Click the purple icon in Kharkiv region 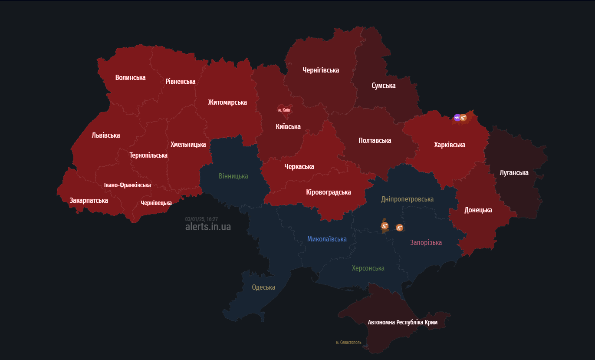point(457,117)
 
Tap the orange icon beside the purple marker point(464,117)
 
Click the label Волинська point(130,77)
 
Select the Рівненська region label point(180,81)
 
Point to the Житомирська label point(227,102)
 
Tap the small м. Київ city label point(284,110)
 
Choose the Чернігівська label point(321,70)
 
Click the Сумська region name point(383,86)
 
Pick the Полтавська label point(375,140)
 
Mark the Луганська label point(514,172)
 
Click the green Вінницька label point(233,176)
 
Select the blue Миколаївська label point(327,239)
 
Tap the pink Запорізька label point(426,242)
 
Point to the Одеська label point(263,287)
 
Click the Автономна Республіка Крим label point(402,322)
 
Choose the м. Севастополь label point(348,342)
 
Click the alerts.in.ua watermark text point(208,227)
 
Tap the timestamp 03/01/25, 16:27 point(201,219)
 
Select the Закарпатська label point(89,200)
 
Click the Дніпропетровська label point(407,199)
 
